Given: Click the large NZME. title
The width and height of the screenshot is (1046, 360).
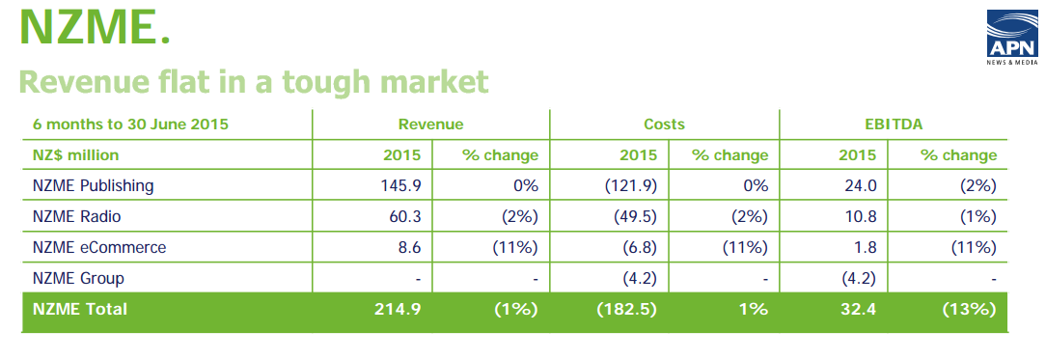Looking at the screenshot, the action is click(x=95, y=28).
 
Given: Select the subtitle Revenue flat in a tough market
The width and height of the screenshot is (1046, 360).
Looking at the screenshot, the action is click(x=254, y=82).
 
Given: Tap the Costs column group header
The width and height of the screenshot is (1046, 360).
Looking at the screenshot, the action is click(x=665, y=124).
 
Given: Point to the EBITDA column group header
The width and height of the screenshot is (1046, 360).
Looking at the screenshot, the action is click(x=894, y=124).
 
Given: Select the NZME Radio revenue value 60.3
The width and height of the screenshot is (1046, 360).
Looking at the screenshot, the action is click(x=404, y=216).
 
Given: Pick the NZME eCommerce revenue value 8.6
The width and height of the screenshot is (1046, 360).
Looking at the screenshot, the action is click(x=409, y=247).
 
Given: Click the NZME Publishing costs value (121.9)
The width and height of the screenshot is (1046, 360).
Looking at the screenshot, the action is click(x=631, y=186).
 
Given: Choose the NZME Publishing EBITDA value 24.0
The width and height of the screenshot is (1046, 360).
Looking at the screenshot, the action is click(x=859, y=186).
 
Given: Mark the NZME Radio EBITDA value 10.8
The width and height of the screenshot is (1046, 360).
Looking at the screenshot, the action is click(x=859, y=216).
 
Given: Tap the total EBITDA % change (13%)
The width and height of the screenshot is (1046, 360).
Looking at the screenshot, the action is click(x=969, y=310).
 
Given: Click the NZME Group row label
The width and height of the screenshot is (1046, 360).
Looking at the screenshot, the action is click(x=78, y=278).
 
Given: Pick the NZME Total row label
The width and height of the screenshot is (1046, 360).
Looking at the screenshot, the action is click(x=79, y=310).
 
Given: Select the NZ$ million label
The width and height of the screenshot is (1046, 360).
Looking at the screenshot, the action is click(x=75, y=155).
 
